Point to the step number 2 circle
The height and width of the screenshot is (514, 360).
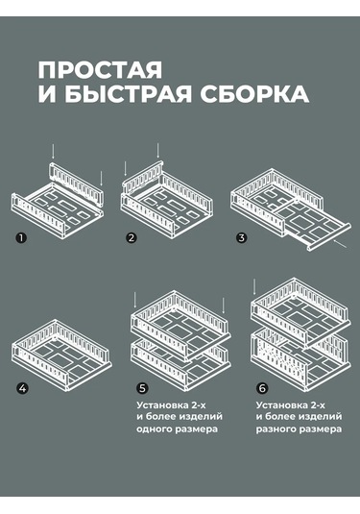(132, 236)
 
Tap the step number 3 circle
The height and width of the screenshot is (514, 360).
(242, 236)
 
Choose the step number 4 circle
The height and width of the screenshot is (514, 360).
(21, 388)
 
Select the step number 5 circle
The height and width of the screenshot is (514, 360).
(141, 388)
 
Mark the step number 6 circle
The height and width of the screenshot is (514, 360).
(261, 388)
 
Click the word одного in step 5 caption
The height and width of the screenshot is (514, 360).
(159, 431)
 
